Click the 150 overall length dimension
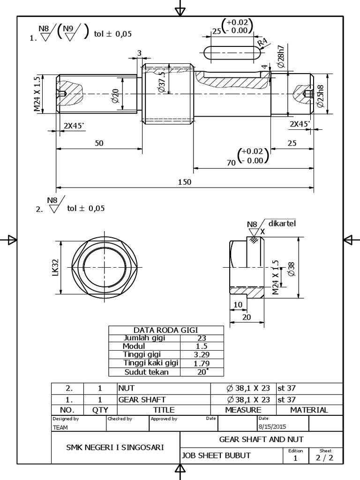[185, 182]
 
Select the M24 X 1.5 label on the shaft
[37, 94]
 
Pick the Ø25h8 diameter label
[320, 97]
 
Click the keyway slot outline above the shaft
[232, 53]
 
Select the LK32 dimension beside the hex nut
[55, 268]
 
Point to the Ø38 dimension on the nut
[291, 268]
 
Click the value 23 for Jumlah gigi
[202, 338]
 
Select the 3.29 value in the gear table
[202, 354]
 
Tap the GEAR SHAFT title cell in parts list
[142, 400]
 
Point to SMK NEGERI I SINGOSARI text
[115, 447]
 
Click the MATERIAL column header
[309, 410]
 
